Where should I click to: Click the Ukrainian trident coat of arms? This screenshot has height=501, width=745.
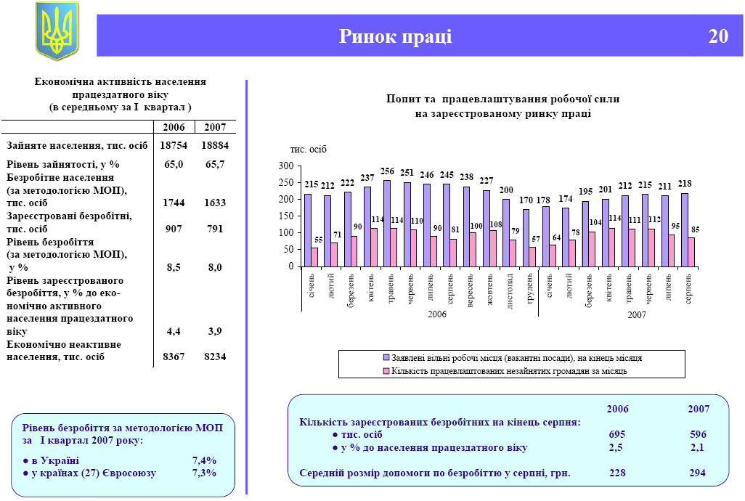pyautogui.click(x=57, y=30)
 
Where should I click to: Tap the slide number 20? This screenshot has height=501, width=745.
pyautogui.click(x=718, y=36)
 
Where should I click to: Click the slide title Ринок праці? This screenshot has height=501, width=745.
pyautogui.click(x=396, y=36)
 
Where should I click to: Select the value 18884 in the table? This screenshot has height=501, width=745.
pyautogui.click(x=215, y=145)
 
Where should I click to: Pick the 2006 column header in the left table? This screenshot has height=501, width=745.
pyautogui.click(x=174, y=127)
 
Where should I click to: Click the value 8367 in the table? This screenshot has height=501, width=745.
pyautogui.click(x=174, y=357)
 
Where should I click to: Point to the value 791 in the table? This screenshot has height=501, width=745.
pyautogui.click(x=215, y=228)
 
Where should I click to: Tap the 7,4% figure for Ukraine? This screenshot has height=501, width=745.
pyautogui.click(x=205, y=460)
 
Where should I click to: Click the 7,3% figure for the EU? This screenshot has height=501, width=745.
pyautogui.click(x=205, y=473)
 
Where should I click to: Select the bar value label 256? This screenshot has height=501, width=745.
pyautogui.click(x=387, y=171)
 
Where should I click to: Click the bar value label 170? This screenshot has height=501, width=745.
pyautogui.click(x=526, y=200)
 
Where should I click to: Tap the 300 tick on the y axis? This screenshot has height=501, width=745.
pyautogui.click(x=285, y=166)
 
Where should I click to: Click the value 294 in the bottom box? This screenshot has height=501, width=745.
pyautogui.click(x=699, y=473)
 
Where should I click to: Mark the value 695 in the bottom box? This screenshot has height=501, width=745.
pyautogui.click(x=617, y=434)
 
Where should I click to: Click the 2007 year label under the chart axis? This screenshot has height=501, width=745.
pyautogui.click(x=636, y=314)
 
